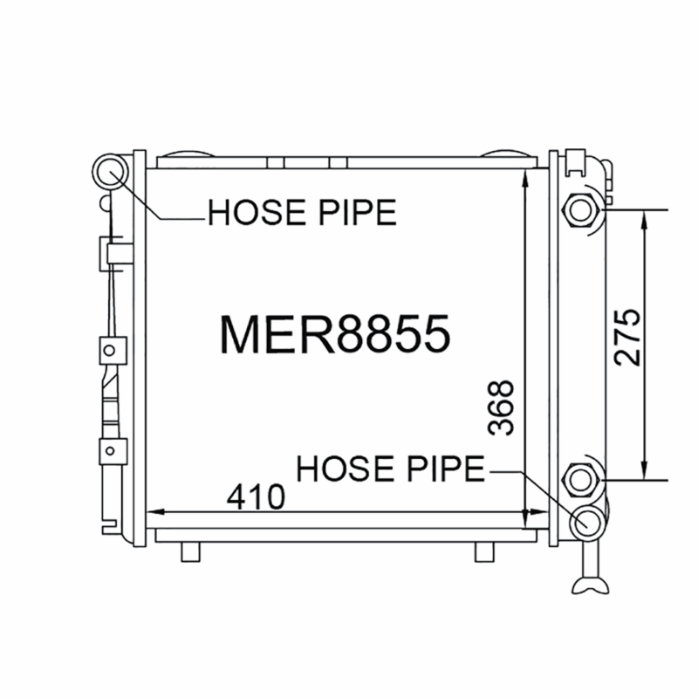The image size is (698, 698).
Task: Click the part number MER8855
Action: pyautogui.click(x=335, y=333)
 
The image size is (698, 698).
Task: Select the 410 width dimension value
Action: pyautogui.click(x=256, y=497)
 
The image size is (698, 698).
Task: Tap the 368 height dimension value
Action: pyautogui.click(x=502, y=407)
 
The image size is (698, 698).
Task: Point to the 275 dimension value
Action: pyautogui.click(x=626, y=337)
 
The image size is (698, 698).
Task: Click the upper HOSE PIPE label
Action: pyautogui.click(x=302, y=212)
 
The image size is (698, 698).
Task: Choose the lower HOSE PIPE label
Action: pyautogui.click(x=390, y=469)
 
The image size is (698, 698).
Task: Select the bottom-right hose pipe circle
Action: pyautogui.click(x=586, y=522)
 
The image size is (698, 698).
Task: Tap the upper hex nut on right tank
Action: pyautogui.click(x=579, y=210)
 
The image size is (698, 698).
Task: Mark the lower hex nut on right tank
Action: pyautogui.click(x=579, y=479)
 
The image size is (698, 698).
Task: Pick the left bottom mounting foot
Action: pyautogui.click(x=190, y=551)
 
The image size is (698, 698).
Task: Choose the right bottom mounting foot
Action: pyautogui.click(x=484, y=551)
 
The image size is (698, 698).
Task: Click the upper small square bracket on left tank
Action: pyautogui.click(x=109, y=350)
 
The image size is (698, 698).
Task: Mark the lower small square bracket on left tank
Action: pyautogui.click(x=109, y=451)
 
